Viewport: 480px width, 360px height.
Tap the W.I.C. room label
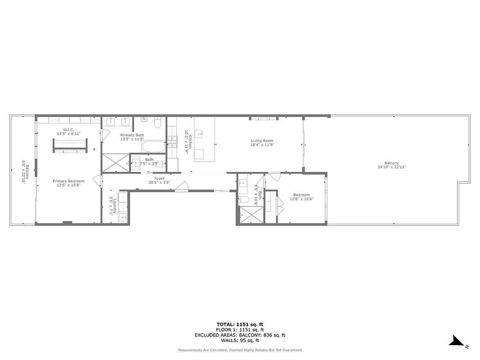coord(68,130)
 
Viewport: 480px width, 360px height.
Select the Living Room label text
coord(262,141)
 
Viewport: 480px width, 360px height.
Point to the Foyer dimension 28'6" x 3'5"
coord(160,183)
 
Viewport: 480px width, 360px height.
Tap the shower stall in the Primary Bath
coord(115,162)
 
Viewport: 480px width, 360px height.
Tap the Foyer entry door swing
coord(182,186)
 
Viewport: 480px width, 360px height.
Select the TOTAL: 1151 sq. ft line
coord(240,324)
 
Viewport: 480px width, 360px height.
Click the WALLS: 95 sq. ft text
coord(240,341)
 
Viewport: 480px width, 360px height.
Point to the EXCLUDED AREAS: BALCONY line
coord(240,335)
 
